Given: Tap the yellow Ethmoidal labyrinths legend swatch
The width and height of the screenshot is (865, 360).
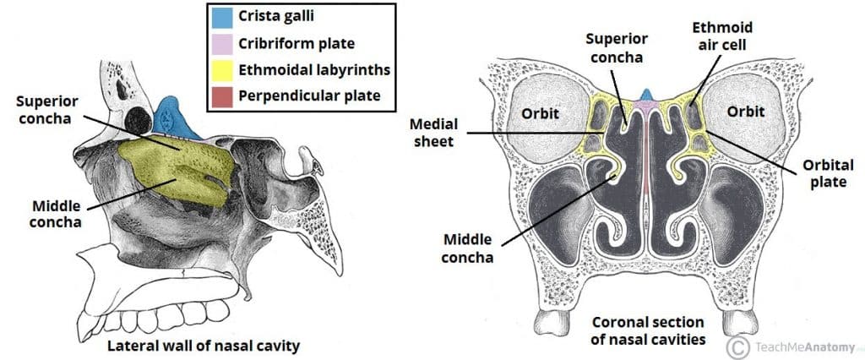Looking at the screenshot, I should [x=223, y=70].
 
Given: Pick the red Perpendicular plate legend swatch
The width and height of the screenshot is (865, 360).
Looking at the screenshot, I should [x=223, y=95].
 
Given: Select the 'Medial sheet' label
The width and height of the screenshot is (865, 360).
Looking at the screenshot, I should [x=453, y=134].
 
